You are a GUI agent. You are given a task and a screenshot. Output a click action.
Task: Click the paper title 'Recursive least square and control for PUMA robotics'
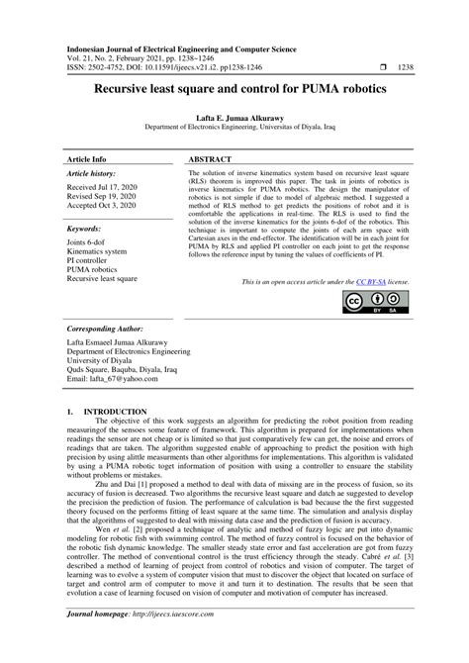[x=234, y=88]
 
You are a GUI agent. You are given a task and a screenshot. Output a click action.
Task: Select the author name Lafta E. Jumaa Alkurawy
[x=234, y=117]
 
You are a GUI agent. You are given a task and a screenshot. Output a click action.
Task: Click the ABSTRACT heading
[x=211, y=158]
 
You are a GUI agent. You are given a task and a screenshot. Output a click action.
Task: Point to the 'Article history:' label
[x=93, y=173]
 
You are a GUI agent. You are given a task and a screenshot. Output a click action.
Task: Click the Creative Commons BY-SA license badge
[x=375, y=302]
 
